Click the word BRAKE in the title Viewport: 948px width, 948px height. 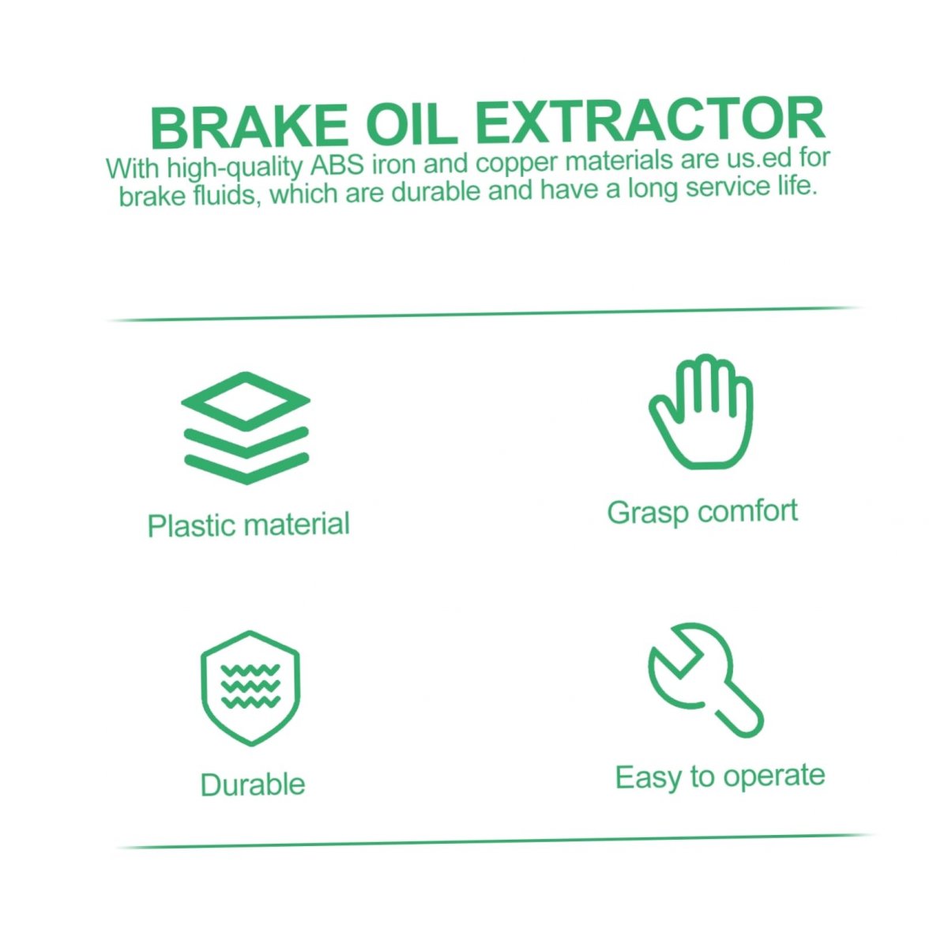[249, 127]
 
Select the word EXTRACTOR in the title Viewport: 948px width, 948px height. [650, 119]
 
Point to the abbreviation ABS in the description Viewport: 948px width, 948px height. [337, 166]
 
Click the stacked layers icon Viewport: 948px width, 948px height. [246, 428]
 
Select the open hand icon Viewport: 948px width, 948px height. [701, 412]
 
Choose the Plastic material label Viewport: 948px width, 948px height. [248, 525]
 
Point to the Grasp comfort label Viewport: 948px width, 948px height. [702, 512]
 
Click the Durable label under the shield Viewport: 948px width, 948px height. [253, 784]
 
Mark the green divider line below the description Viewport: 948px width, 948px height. [484, 314]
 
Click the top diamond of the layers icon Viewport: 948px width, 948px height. [246, 397]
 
